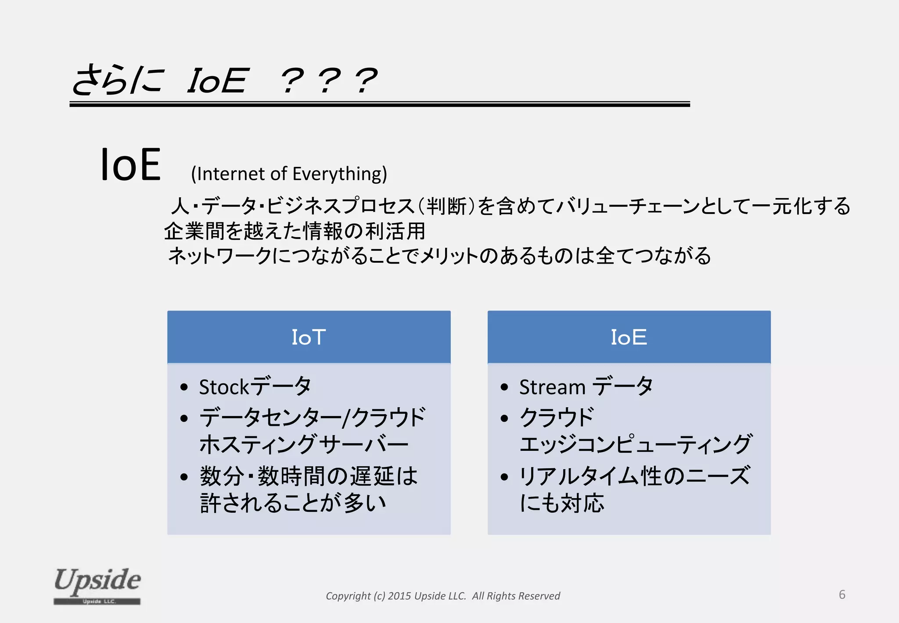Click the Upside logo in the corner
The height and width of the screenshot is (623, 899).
(97, 585)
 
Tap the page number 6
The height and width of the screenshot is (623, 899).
(842, 594)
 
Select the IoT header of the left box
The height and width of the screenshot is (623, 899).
(309, 337)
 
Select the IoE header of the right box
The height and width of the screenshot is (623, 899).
(629, 337)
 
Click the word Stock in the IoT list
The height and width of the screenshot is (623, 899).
(224, 387)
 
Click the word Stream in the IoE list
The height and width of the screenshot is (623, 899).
(552, 387)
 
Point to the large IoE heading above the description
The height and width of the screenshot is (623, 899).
(130, 165)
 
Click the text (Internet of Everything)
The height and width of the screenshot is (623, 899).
(289, 174)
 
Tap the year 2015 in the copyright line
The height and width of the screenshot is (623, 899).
(399, 596)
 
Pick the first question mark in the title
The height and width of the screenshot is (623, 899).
(292, 81)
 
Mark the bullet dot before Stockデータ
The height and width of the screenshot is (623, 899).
(184, 388)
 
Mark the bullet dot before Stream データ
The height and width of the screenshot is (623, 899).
(504, 388)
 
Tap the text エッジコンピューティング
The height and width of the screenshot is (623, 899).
(636, 444)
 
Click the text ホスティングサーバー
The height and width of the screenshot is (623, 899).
(304, 444)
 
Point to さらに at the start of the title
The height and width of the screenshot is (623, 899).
(118, 80)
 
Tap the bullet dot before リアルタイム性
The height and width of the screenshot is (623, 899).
(504, 477)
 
